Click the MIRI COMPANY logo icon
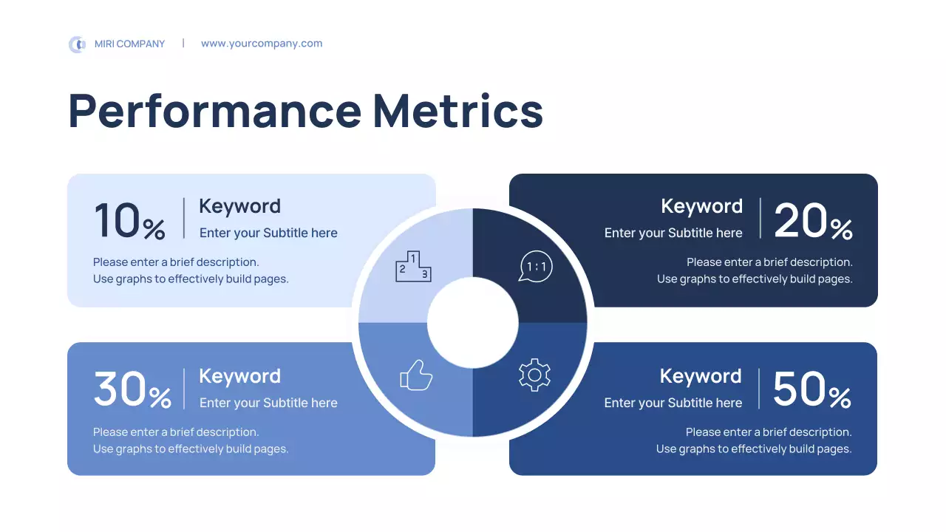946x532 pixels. pos(77,44)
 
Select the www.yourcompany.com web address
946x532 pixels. pos(262,44)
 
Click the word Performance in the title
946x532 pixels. pos(215,111)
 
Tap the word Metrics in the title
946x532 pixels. pos(458,111)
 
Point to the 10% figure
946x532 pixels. pos(129,221)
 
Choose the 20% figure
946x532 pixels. pos(813,221)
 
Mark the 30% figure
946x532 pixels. pos(132,390)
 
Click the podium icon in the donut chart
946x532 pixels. pos(413,267)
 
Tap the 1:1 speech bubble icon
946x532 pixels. pos(536,267)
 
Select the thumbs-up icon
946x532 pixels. pos(416,375)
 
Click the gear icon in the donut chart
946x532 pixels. pos(534,375)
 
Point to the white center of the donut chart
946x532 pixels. pos(473,323)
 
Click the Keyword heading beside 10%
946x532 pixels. pos(240,206)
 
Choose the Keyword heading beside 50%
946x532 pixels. pos(701,376)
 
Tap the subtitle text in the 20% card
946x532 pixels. pos(673,233)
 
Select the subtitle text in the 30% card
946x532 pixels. pos(268,403)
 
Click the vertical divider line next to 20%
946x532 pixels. pos(760,219)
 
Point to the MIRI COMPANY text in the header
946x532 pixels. pos(130,44)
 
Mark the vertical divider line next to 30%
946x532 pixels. pos(184,389)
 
